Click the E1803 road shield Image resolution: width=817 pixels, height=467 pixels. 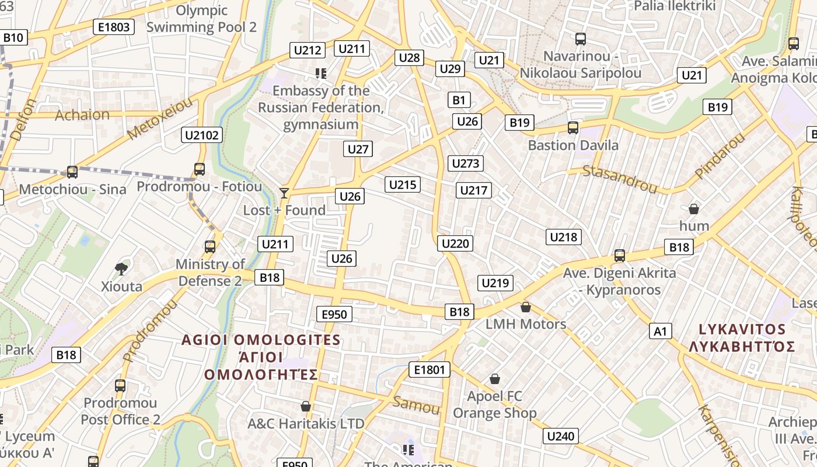coord(114,27)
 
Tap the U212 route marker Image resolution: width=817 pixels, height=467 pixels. coord(308,50)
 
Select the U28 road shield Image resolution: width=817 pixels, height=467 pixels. coord(409,57)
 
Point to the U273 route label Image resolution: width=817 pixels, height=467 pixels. coord(466,163)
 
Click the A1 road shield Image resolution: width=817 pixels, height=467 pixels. coord(660,332)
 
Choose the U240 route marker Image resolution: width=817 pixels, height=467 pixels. coord(561,436)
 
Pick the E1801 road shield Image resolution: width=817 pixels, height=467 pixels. coord(429,369)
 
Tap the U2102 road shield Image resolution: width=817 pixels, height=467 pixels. coord(202,135)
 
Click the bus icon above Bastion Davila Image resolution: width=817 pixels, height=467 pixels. coord(573,128)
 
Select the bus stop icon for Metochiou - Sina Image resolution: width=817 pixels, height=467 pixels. coord(72,172)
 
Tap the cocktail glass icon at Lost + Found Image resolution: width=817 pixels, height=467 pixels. coord(284,193)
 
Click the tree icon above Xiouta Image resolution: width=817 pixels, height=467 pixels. coord(121,269)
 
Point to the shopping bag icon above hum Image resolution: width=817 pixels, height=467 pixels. coord(694,208)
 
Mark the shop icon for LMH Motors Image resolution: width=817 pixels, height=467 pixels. coord(526,307)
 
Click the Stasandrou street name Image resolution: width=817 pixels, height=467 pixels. coord(620,179)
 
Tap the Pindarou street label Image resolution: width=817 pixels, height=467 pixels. coord(720,156)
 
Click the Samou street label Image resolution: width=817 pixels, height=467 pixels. coord(416,405)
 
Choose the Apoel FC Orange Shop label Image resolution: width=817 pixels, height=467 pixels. coord(495,405)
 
